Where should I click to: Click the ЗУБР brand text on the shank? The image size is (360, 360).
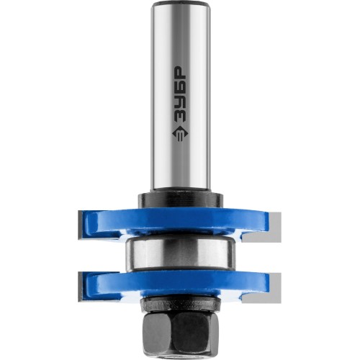[x=179, y=97]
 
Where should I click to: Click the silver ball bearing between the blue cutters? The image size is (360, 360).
[x=179, y=254]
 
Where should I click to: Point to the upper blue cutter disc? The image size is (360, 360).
[x=178, y=222]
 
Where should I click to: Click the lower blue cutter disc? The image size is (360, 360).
[x=179, y=283]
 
